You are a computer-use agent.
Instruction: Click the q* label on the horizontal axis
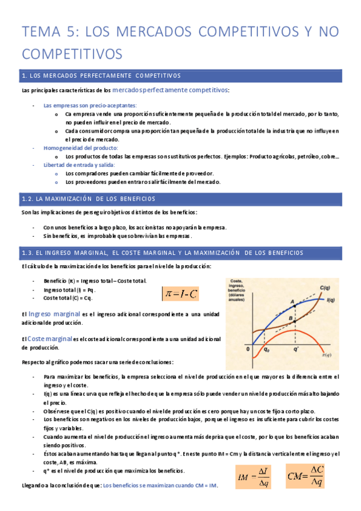tap(296, 349)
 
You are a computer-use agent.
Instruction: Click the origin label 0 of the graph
tap(247, 348)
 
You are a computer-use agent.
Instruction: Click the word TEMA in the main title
tap(42, 31)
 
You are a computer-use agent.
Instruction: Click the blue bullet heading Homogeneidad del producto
tap(81, 148)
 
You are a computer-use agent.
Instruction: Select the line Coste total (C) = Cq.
tap(68, 298)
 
